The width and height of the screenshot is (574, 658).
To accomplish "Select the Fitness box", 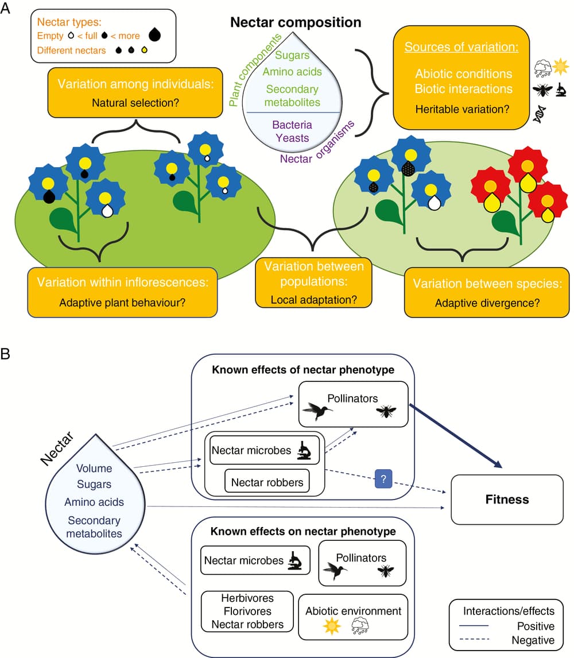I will pyautogui.click(x=507, y=499).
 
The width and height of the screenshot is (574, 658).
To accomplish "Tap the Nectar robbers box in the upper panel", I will pyautogui.click(x=267, y=482).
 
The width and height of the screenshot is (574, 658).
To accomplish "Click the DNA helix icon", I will pyautogui.click(x=541, y=115).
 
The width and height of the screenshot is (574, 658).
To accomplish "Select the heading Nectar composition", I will pyautogui.click(x=296, y=22).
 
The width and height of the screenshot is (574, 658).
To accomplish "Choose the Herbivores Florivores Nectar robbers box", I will pyautogui.click(x=247, y=611).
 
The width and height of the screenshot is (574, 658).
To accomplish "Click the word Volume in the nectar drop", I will pyautogui.click(x=94, y=469).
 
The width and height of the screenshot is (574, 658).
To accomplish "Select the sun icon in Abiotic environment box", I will pyautogui.click(x=331, y=626).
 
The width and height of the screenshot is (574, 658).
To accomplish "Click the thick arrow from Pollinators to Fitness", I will pyautogui.click(x=456, y=436).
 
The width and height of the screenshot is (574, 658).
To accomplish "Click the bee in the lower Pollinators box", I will pyautogui.click(x=386, y=571).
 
